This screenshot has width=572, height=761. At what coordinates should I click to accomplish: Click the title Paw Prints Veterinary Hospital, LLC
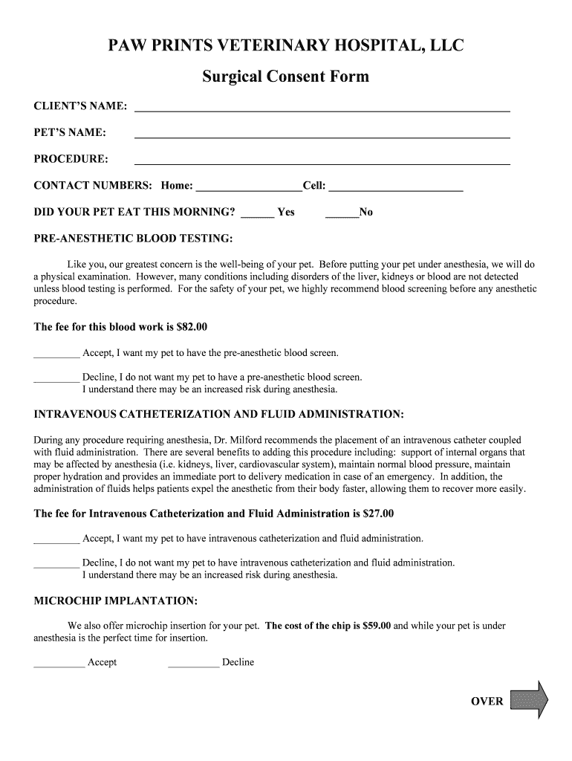(x=286, y=47)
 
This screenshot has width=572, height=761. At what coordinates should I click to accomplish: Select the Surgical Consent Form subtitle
(x=286, y=77)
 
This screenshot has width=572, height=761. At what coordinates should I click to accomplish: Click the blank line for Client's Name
(x=322, y=108)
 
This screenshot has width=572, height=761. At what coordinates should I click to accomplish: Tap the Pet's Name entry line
(x=322, y=135)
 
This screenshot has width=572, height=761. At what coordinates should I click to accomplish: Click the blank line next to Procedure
(x=322, y=161)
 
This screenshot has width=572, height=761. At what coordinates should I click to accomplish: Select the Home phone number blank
(x=248, y=188)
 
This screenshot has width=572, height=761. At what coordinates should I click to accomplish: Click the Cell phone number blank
(x=395, y=188)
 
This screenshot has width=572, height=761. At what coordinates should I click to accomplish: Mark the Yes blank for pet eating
(x=258, y=215)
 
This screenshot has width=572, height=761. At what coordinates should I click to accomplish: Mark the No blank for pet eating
(x=342, y=215)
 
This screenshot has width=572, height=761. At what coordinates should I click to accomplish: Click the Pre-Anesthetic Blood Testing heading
(x=134, y=239)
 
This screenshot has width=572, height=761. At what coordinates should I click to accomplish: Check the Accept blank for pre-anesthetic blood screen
(x=56, y=355)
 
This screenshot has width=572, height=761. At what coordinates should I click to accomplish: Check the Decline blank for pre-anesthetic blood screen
(x=56, y=380)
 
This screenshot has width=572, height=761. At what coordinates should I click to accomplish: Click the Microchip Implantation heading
(x=116, y=600)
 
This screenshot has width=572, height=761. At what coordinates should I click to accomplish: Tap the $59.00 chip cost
(x=377, y=626)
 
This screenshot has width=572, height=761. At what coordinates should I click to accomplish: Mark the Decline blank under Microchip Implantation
(x=194, y=665)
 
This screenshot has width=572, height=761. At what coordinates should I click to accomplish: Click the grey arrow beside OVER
(x=530, y=700)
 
